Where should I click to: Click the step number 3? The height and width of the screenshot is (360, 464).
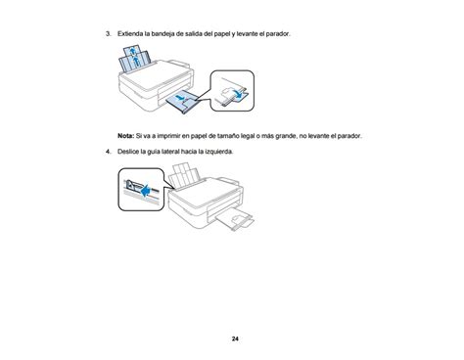108,33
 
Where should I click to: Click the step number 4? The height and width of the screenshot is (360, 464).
108,152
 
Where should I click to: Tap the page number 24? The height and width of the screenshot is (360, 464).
235,338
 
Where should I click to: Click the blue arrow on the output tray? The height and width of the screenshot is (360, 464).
179,97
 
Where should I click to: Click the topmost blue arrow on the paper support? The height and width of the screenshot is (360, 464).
132,51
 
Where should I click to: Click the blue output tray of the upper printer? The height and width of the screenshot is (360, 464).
183,102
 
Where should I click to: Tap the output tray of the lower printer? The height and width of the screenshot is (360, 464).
236,219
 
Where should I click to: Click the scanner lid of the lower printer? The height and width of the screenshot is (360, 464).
205,193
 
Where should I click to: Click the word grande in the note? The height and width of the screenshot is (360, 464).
286,136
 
